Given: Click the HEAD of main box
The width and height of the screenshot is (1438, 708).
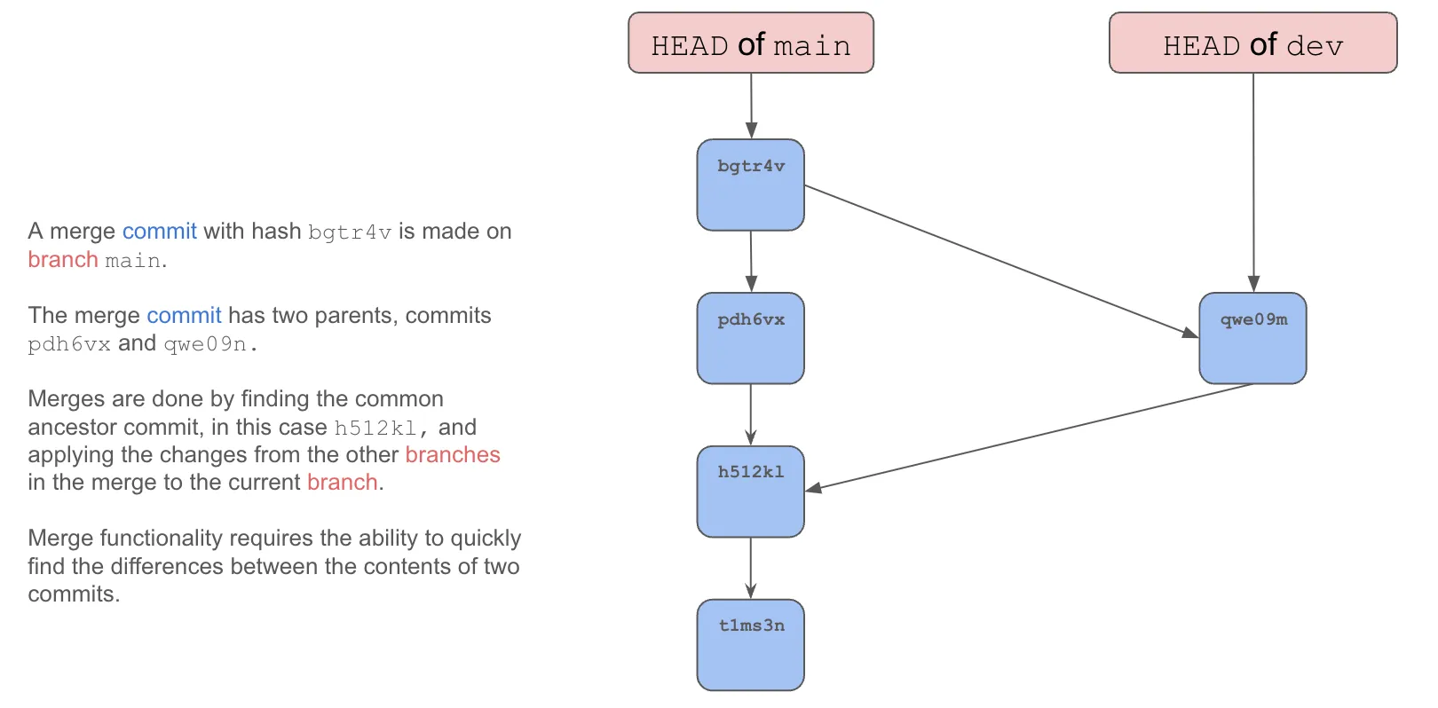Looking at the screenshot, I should point(750,43).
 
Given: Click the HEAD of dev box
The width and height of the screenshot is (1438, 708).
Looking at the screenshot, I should point(1252,43).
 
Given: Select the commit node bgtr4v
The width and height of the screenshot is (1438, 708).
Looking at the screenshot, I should point(750,185).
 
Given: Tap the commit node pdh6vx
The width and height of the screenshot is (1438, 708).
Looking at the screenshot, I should point(750,338).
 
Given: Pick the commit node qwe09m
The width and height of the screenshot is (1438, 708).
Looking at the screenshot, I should point(1252,338).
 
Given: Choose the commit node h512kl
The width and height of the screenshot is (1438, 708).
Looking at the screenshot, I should point(750,492).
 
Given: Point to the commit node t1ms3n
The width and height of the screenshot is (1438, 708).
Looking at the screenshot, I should point(750,645).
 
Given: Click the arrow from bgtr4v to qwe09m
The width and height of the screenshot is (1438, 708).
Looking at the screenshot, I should point(1001,261).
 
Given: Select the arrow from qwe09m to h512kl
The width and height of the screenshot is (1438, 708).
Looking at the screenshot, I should point(1030,437).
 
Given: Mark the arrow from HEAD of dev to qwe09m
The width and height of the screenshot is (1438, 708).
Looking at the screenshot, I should point(1252,182).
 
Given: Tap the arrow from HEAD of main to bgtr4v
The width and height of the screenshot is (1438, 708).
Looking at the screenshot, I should point(751,105).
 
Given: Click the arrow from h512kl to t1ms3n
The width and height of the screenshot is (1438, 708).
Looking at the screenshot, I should point(750,568).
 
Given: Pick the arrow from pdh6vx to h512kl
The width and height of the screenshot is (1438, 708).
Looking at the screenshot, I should point(750,414).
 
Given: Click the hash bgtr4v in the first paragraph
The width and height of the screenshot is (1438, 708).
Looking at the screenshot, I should point(349,232).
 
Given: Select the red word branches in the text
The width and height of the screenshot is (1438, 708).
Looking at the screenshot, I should point(453,455).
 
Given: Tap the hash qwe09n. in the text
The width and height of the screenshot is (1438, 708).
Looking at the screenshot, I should point(210,344).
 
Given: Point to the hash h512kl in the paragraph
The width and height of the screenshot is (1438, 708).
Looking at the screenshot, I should point(375,429).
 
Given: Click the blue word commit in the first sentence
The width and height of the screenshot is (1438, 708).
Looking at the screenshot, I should point(159,232).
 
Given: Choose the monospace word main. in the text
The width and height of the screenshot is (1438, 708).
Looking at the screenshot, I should point(135,261).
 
